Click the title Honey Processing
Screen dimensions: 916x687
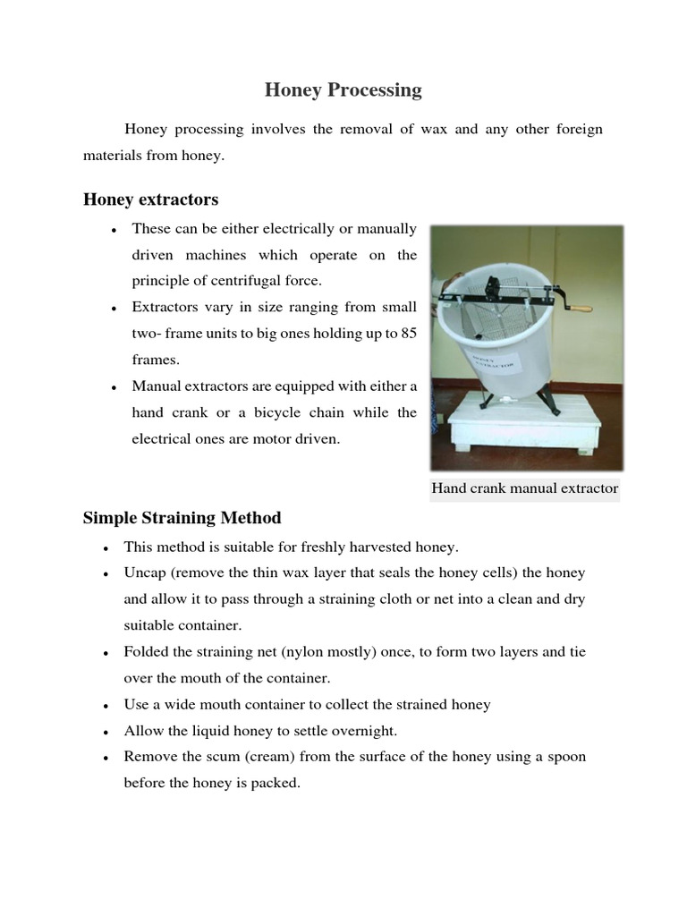tap(343, 90)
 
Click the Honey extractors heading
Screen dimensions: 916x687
tap(150, 199)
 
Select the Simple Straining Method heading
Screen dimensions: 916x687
tap(182, 518)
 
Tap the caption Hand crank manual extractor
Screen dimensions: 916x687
tap(525, 488)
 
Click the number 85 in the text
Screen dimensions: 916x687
tap(409, 334)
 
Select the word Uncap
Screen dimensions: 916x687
tap(144, 572)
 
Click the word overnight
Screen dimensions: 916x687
tap(360, 731)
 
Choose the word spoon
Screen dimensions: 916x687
tap(567, 757)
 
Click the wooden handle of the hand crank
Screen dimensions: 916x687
tap(581, 310)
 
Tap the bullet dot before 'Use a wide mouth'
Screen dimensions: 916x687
tap(106, 706)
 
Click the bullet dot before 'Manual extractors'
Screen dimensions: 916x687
tap(114, 387)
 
